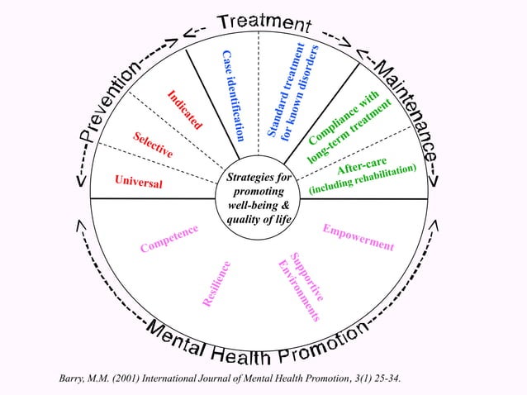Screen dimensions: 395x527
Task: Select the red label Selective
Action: tap(153, 145)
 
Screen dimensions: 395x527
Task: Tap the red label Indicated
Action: tap(185, 110)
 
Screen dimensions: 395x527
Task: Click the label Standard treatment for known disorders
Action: tap(287, 90)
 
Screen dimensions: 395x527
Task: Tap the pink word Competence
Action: tap(169, 238)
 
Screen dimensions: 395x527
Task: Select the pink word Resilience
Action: tap(216, 284)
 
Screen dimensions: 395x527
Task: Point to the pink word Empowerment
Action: tap(358, 238)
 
